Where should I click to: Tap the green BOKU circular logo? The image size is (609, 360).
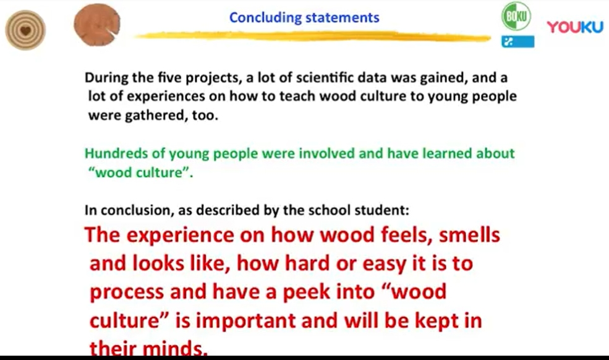tap(516, 16)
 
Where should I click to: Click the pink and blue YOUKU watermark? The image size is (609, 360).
tap(575, 27)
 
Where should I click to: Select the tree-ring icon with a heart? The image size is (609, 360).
tap(25, 30)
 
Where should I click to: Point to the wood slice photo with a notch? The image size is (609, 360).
tap(96, 25)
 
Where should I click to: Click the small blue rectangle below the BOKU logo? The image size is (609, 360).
tap(517, 41)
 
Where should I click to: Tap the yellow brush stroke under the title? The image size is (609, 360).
tap(313, 36)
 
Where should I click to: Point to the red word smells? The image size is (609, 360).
tap(469, 235)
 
